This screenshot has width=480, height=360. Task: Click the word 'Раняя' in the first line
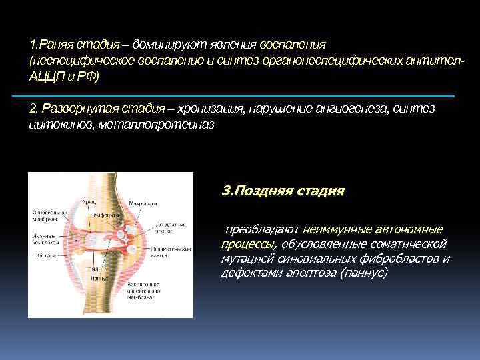[x=56, y=45]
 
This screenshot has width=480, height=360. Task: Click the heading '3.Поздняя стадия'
[x=283, y=191]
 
